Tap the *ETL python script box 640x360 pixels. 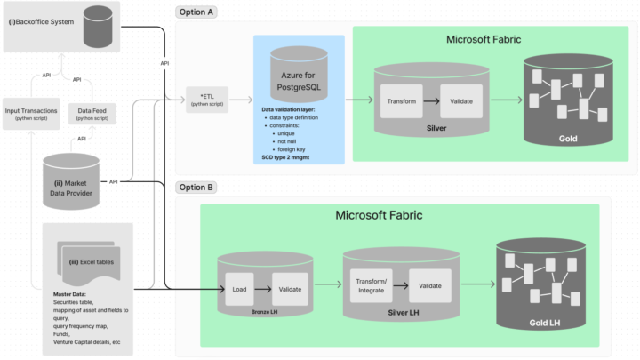pos(207,99)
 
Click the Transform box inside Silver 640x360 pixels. pos(401,100)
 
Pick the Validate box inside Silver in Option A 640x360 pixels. pos(460,100)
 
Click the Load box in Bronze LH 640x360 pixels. pos(239,288)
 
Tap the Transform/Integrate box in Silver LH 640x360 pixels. pos(371,284)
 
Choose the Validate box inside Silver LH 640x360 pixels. pos(429,284)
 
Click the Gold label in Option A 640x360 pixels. pos(568,140)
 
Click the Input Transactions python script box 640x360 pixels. pos(32,113)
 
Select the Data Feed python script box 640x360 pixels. pos(87,113)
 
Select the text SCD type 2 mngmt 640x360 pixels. pos(293,156)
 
